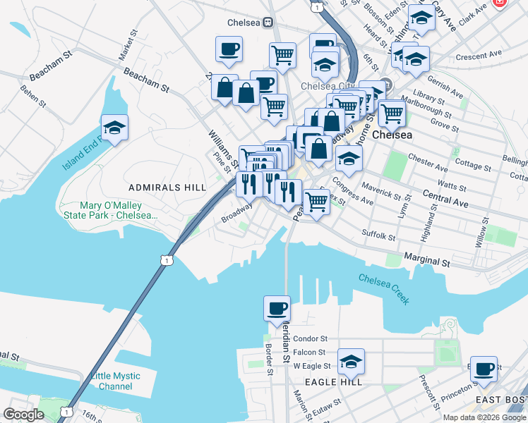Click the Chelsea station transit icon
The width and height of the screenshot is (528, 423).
[x=268, y=22]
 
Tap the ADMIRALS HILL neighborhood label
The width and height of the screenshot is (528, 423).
[x=167, y=187]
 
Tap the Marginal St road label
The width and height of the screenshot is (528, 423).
[x=426, y=261]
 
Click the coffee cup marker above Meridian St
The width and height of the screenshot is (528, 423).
[x=277, y=308]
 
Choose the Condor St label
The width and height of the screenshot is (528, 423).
[x=311, y=338]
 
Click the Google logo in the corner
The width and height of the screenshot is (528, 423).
[x=23, y=415]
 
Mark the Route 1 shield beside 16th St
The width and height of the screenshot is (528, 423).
[x=66, y=411]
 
